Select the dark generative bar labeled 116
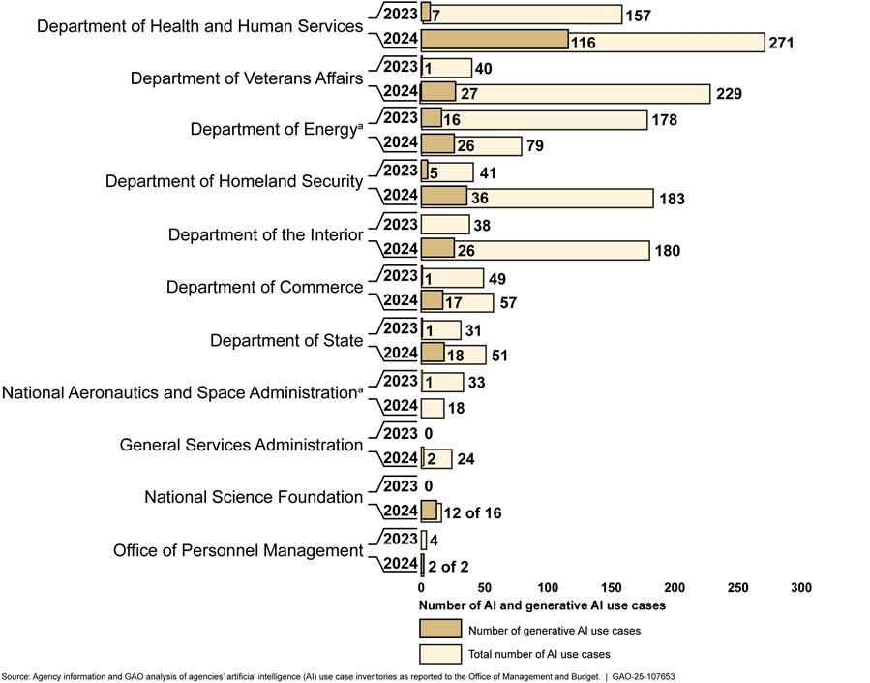click(495, 41)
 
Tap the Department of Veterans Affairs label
click(247, 78)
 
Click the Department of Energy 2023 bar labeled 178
click(534, 119)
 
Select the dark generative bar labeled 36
click(444, 198)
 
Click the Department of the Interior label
click(265, 234)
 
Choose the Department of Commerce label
click(264, 288)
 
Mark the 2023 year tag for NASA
click(399, 381)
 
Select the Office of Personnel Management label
click(237, 550)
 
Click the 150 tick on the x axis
click(611, 588)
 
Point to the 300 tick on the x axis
click(800, 588)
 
